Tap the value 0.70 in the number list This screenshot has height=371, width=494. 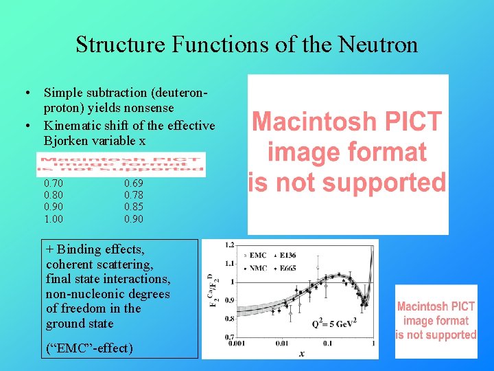tap(54, 183)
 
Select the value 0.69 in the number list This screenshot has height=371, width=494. tap(134, 183)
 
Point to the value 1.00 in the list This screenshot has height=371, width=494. tap(54, 219)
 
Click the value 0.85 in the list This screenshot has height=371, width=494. tap(134, 207)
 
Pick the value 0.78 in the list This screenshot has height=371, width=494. tap(134, 196)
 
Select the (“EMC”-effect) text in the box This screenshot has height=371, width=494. tap(90, 348)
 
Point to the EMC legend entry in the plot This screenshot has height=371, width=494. tap(258, 256)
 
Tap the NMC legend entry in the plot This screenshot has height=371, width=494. tap(258, 268)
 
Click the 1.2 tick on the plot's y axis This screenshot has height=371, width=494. tap(229, 245)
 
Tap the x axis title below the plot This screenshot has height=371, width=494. tap(301, 353)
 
